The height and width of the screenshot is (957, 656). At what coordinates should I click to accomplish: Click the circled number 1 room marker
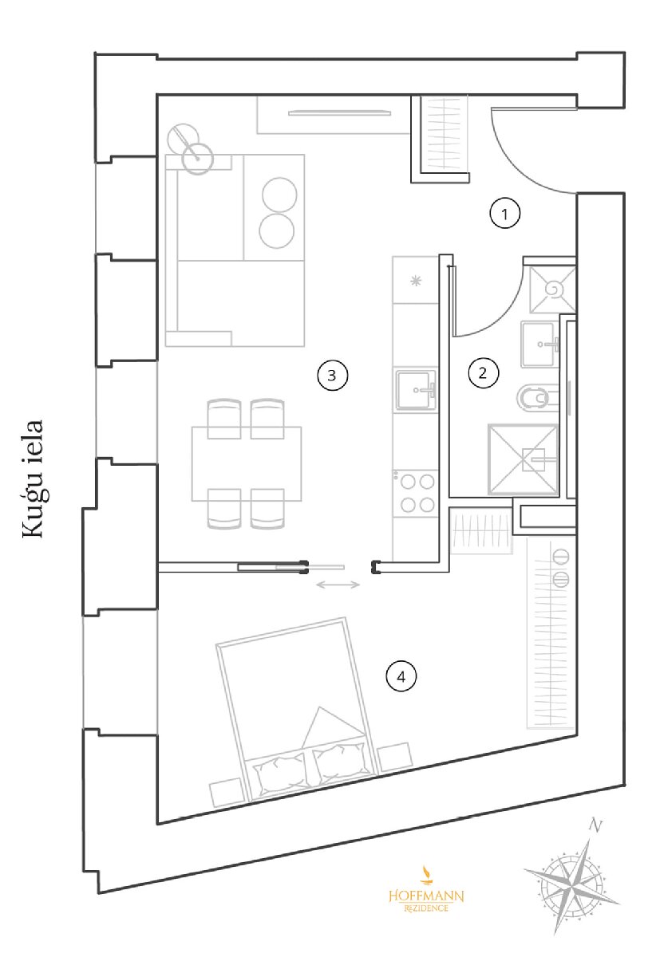504,214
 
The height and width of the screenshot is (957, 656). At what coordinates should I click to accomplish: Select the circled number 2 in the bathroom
484,373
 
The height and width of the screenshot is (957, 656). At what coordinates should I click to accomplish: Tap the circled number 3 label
332,376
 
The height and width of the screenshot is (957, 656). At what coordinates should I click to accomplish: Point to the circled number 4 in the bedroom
401,676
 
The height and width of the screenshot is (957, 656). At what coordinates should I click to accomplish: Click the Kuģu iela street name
34,479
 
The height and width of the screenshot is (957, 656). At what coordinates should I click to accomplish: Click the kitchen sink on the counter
415,391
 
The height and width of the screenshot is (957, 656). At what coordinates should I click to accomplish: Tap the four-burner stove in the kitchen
416,494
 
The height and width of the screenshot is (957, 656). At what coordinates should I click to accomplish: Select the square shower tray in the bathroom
523,459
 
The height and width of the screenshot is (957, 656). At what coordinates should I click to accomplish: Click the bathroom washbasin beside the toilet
539,345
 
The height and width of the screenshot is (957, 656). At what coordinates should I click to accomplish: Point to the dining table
247,463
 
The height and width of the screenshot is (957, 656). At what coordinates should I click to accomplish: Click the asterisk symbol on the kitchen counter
416,281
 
